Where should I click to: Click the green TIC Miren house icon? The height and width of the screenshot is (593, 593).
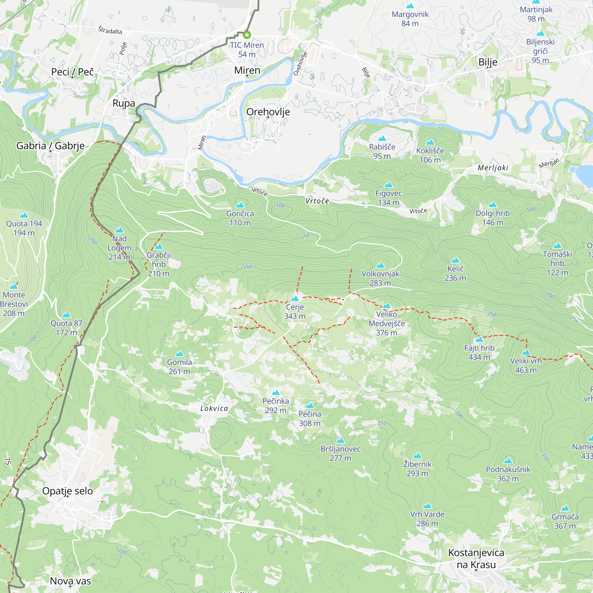pyautogui.click(x=247, y=35)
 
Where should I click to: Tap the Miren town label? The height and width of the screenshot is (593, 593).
pyautogui.click(x=247, y=70)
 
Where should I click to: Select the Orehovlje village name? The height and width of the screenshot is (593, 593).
pyautogui.click(x=268, y=112)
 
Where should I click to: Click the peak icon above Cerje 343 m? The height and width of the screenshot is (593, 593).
pyautogui.click(x=295, y=298)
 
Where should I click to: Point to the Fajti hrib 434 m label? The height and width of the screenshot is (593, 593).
pyautogui.click(x=479, y=352)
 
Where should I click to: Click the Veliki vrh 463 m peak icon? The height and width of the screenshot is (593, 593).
pyautogui.click(x=526, y=352)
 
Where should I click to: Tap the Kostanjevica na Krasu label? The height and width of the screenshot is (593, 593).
pyautogui.click(x=476, y=558)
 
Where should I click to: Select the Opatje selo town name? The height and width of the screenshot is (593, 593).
pyautogui.click(x=68, y=491)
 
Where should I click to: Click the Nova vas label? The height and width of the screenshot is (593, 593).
pyautogui.click(x=70, y=581)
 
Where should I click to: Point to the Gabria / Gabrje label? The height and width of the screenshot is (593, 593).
pyautogui.click(x=50, y=146)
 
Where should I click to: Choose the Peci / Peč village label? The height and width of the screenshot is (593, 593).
pyautogui.click(x=72, y=72)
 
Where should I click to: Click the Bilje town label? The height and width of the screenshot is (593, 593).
pyautogui.click(x=488, y=62)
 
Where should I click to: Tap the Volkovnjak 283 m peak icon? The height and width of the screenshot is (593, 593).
pyautogui.click(x=380, y=265)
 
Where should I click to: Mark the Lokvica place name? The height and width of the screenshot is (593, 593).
pyautogui.click(x=214, y=408)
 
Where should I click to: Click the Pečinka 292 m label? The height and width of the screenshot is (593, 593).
pyautogui.click(x=276, y=405)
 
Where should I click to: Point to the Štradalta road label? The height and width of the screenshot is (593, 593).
pyautogui.click(x=110, y=30)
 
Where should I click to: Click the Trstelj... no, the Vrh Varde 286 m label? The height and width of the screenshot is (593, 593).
pyautogui.click(x=427, y=519)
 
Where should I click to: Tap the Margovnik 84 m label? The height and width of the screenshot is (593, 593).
pyautogui.click(x=410, y=19)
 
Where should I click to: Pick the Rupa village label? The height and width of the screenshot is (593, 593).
pyautogui.click(x=124, y=103)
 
